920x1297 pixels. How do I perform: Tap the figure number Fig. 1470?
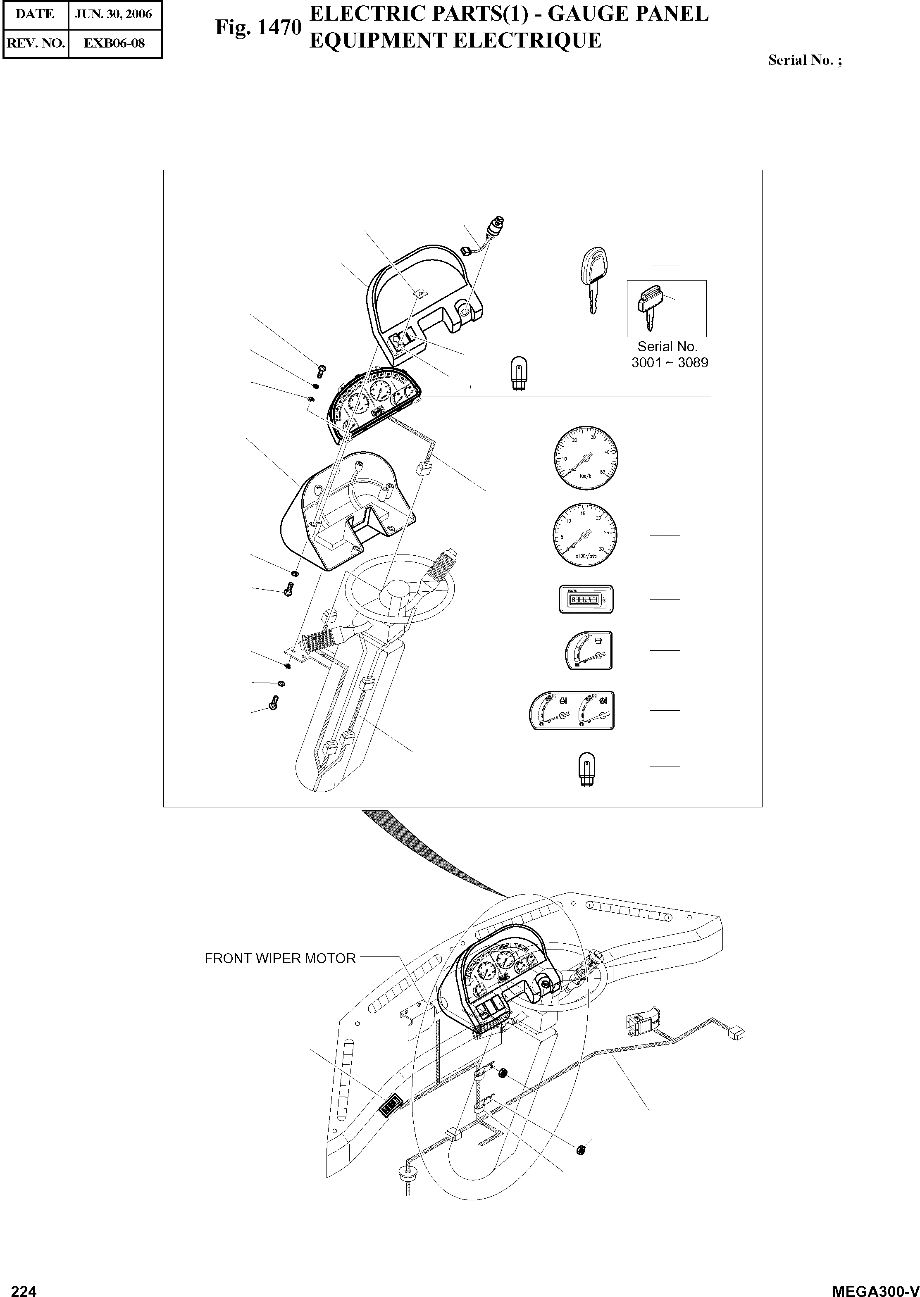tap(258, 27)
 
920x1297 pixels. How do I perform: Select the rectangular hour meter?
tap(587, 599)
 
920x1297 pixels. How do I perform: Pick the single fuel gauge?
tap(589, 650)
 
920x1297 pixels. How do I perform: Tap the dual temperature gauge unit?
tap(572, 710)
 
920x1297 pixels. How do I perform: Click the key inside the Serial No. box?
tap(650, 309)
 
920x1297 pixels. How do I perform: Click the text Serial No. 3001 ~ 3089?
tap(669, 355)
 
